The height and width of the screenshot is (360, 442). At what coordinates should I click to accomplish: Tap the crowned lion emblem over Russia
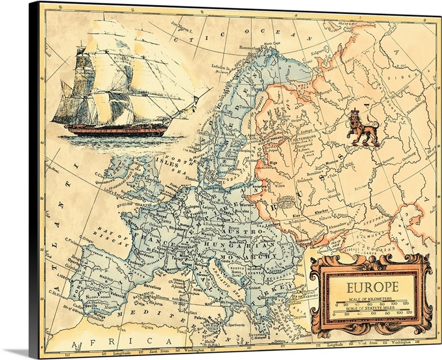pyautogui.click(x=362, y=128)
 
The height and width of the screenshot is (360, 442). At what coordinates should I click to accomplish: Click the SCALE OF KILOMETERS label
pyautogui.click(x=372, y=298)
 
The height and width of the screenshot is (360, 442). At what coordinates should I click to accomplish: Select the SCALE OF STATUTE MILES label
pyautogui.click(x=372, y=307)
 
